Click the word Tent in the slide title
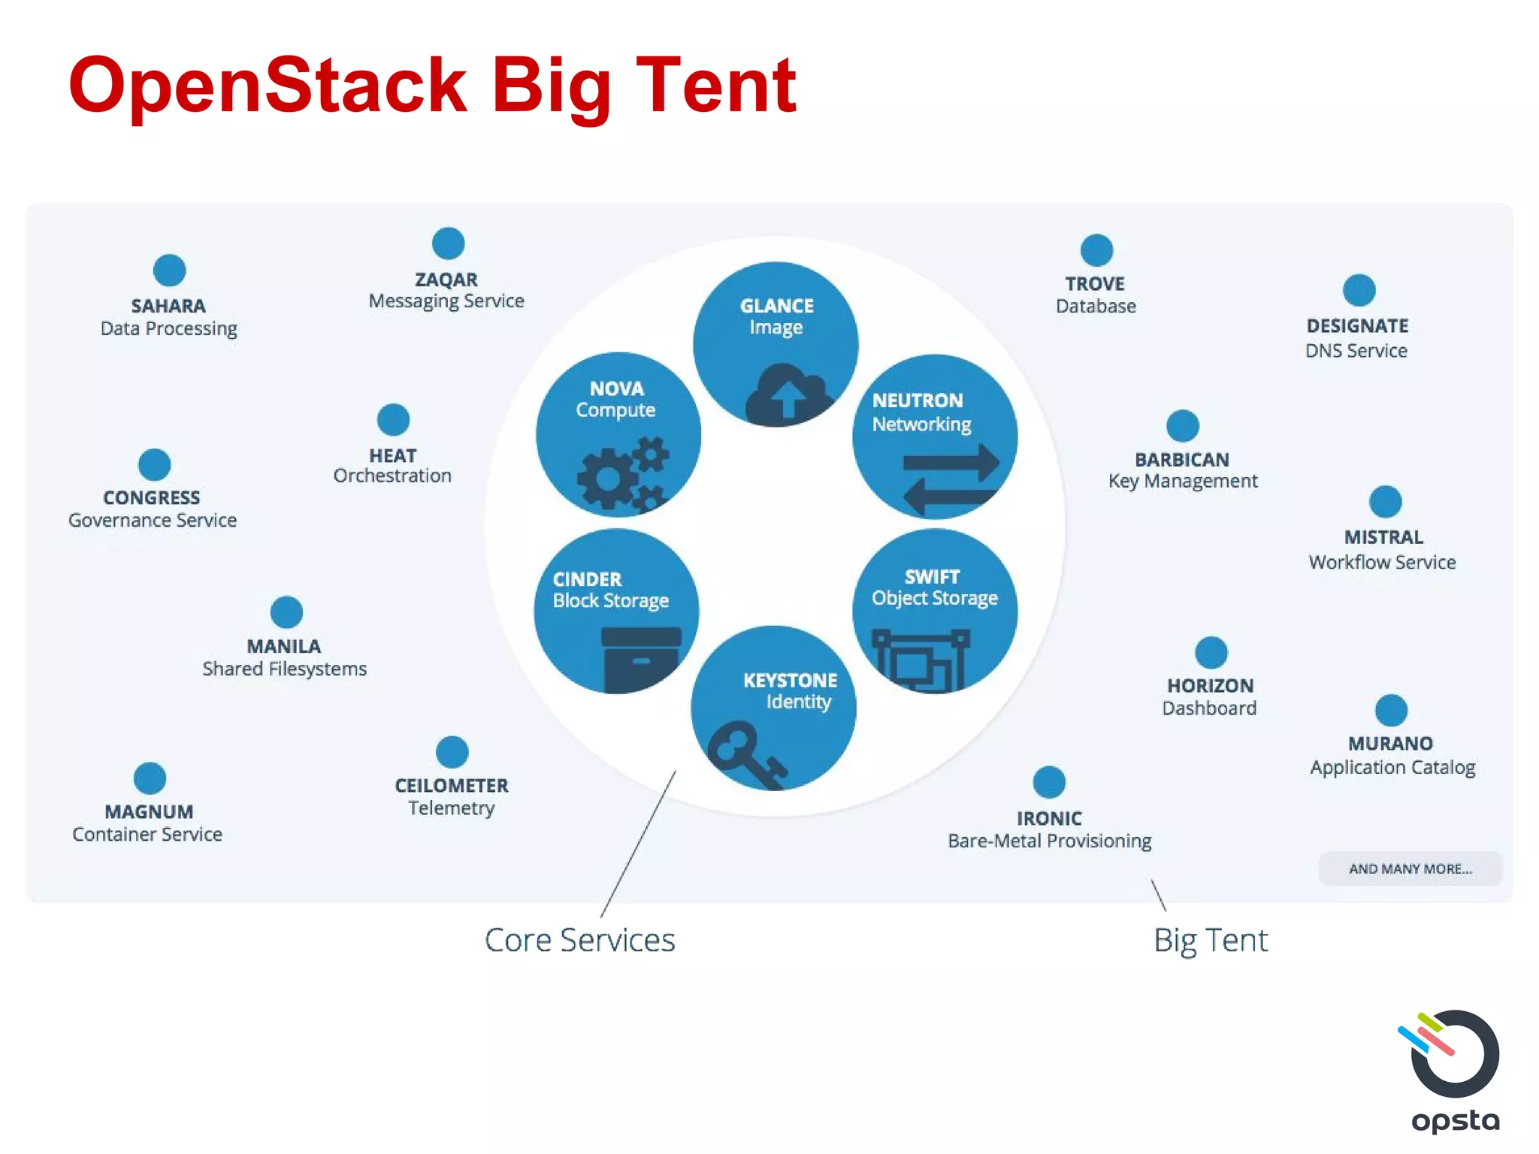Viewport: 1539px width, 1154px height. click(715, 86)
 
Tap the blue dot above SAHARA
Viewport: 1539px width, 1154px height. click(169, 270)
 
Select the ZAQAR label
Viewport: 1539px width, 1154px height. click(446, 279)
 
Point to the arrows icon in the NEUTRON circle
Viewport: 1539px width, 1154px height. click(951, 479)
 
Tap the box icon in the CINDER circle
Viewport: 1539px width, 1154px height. click(640, 658)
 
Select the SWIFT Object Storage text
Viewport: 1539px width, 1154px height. click(934, 588)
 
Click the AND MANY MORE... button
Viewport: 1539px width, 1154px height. click(1410, 869)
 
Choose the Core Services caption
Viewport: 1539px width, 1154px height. click(579, 940)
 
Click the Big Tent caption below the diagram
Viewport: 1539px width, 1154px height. click(1210, 941)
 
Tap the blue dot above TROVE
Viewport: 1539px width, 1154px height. click(1096, 250)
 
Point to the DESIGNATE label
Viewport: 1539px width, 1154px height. click(1357, 326)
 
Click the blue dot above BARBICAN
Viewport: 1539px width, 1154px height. click(1182, 426)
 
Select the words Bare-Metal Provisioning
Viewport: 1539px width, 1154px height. click(1049, 841)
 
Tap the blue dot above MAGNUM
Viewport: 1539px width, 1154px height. click(150, 778)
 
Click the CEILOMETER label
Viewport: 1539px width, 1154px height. click(452, 786)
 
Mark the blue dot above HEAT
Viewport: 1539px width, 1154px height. click(393, 420)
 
